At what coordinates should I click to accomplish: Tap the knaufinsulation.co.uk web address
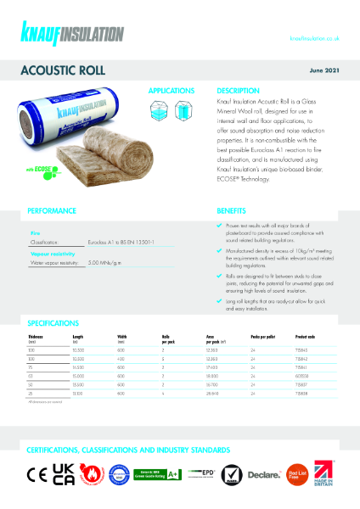click(314, 38)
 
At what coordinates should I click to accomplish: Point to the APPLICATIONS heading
click(171, 90)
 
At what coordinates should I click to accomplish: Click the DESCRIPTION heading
click(237, 90)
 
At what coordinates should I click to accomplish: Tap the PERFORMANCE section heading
click(52, 210)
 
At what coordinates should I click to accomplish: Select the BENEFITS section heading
click(231, 210)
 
